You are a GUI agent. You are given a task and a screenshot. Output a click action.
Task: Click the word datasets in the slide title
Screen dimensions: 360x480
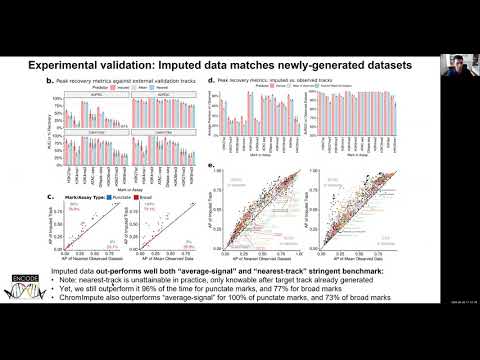[383, 64]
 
